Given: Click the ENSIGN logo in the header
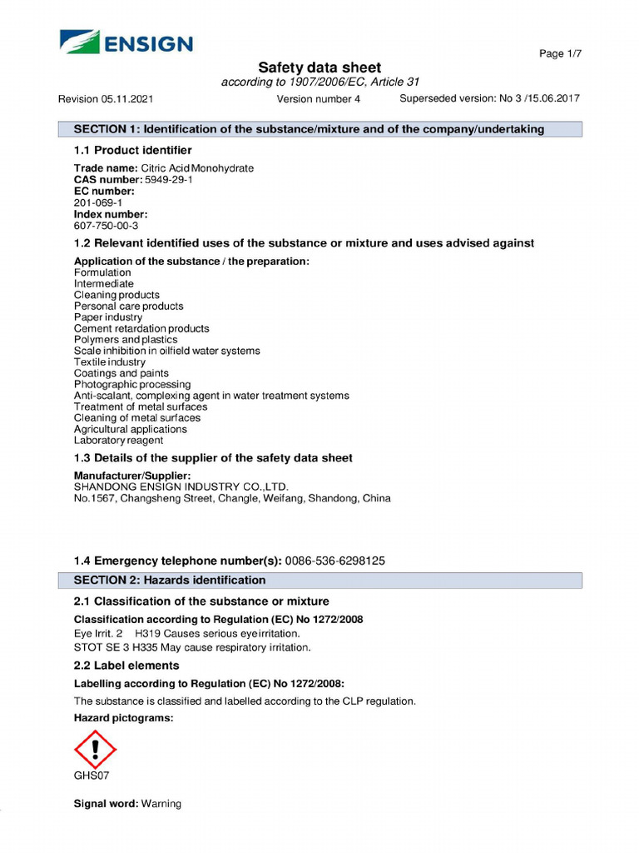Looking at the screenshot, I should click(x=126, y=42).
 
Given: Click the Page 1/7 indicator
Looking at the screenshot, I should click(x=560, y=54).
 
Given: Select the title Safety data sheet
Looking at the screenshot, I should click(x=319, y=67).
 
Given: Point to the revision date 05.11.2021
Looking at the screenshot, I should click(x=128, y=99).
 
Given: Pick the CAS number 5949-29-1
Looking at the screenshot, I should click(x=169, y=180).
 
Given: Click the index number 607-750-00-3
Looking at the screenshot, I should click(x=106, y=225).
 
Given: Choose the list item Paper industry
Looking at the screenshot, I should click(x=108, y=317).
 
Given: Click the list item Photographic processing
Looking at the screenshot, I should click(x=132, y=385).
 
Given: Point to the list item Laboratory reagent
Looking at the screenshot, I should click(x=118, y=441).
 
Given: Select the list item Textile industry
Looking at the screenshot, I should click(x=110, y=362).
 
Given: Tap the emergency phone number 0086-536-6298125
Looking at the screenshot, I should click(x=335, y=561).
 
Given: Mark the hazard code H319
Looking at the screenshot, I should click(x=147, y=633).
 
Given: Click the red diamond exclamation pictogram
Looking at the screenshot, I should click(x=96, y=748).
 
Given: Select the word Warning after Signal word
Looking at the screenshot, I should click(x=161, y=804).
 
